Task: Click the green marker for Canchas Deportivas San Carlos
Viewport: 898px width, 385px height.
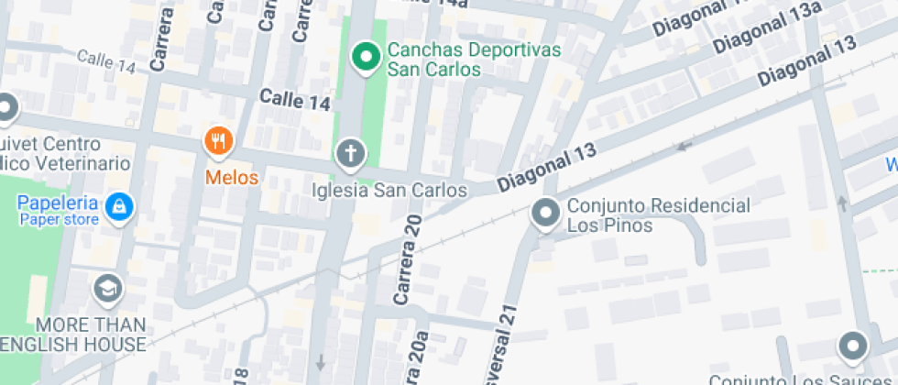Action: pos(367,58)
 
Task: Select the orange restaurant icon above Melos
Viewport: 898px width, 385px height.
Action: pos(218,140)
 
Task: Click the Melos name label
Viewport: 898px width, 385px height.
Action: pos(232,177)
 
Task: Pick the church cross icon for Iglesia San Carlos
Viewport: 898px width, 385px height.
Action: pos(349,153)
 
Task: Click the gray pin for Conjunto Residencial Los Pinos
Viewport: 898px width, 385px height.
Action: pos(545,214)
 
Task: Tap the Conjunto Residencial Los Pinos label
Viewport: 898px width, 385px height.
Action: pos(658,214)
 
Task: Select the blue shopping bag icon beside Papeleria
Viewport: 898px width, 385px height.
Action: pos(117,207)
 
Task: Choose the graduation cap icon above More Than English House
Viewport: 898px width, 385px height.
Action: pos(107,289)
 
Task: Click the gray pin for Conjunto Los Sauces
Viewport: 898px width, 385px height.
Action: pos(853,346)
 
